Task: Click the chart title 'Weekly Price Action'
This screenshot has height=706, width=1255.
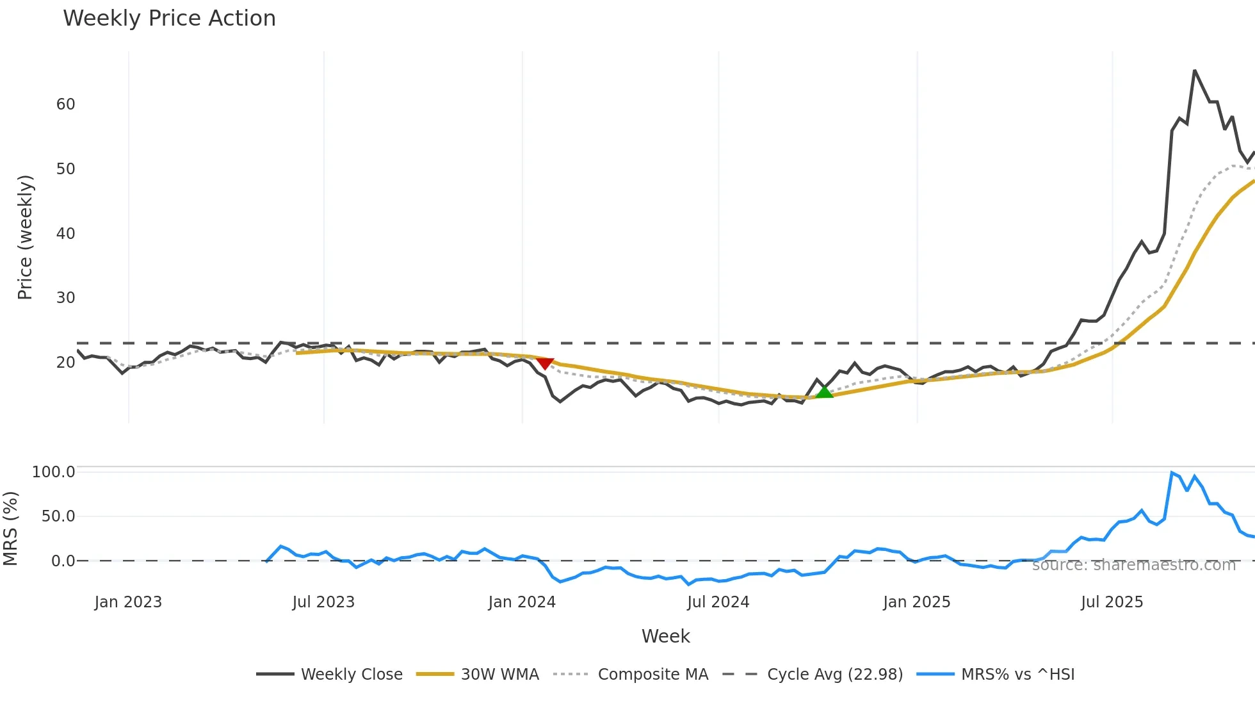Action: click(x=169, y=19)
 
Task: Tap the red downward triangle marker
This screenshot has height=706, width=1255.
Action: click(x=544, y=363)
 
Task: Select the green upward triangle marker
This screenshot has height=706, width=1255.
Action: click(x=825, y=391)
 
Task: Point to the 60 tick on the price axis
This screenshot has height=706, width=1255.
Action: click(x=65, y=104)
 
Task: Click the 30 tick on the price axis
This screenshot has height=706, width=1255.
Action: click(x=65, y=298)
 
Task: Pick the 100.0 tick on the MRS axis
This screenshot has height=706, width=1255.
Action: click(x=54, y=472)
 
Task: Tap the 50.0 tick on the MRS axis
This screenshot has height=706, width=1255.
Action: click(x=58, y=516)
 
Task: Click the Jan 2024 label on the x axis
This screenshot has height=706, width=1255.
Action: click(x=522, y=602)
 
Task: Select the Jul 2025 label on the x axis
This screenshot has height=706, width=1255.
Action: click(x=1112, y=602)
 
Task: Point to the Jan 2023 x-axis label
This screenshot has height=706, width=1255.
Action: click(x=128, y=602)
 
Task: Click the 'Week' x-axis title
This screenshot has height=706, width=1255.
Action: click(x=665, y=636)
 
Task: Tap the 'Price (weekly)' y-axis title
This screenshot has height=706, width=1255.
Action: click(x=25, y=237)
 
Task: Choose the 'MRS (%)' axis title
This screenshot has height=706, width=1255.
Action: click(x=11, y=529)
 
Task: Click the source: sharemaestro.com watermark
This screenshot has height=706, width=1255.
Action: click(x=1133, y=565)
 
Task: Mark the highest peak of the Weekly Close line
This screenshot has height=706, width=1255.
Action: click(x=1195, y=71)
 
